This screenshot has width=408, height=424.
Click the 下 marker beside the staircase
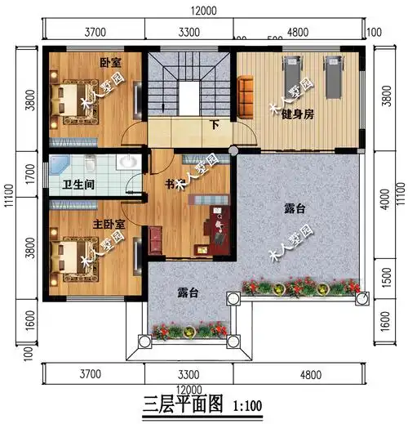(x=215, y=126)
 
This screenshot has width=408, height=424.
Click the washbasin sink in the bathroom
(x=126, y=162)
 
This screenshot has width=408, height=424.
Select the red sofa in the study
(x=155, y=240)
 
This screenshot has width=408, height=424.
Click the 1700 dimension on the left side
(x=30, y=173)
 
